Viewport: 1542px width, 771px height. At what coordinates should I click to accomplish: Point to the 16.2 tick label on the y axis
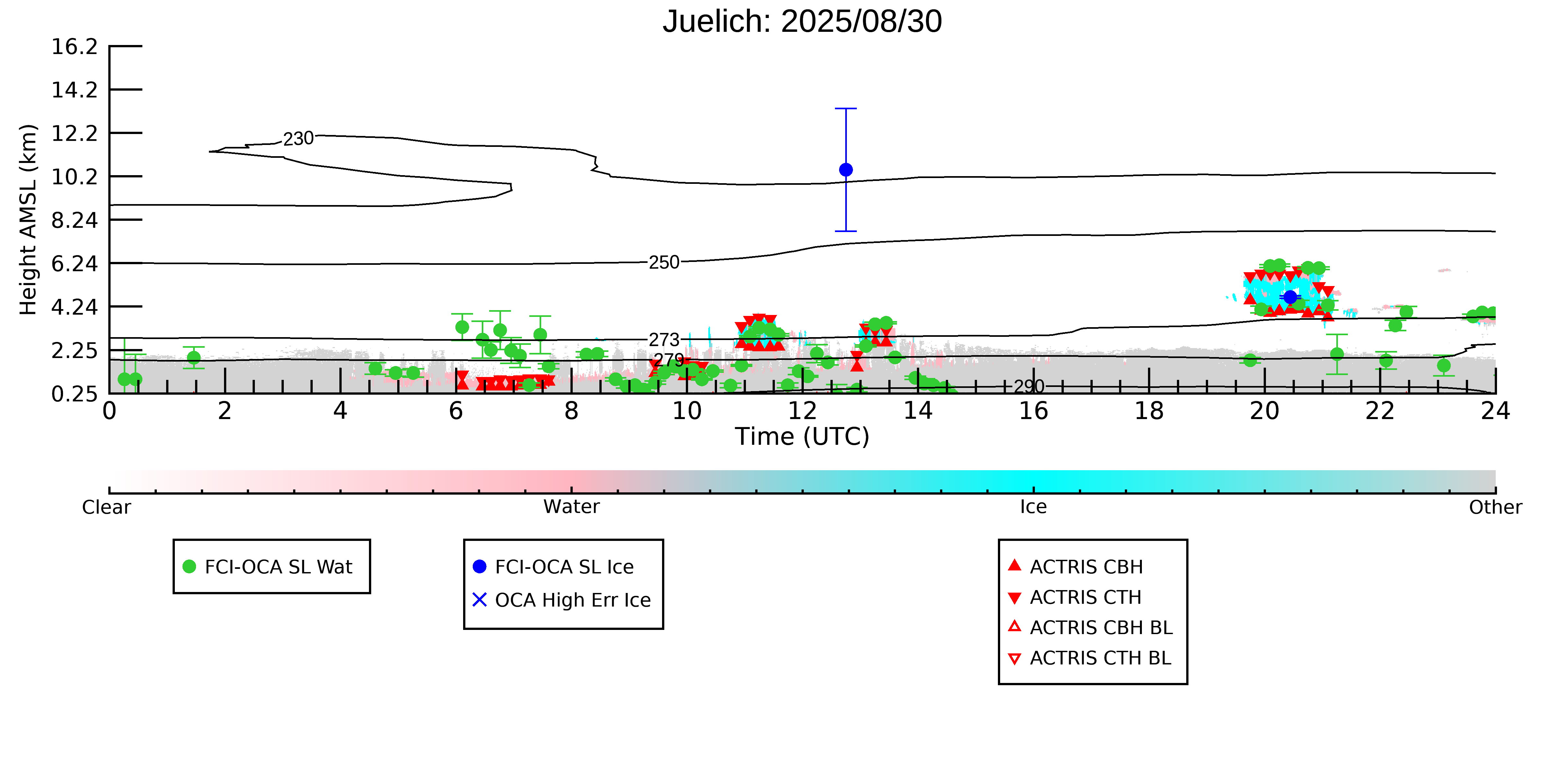74,47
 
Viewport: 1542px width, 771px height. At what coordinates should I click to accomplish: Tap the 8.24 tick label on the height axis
74,220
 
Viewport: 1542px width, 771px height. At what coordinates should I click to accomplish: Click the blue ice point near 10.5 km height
846,170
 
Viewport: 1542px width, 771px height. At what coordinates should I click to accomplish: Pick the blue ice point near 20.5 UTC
1290,297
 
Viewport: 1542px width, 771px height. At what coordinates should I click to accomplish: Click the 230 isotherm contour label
298,139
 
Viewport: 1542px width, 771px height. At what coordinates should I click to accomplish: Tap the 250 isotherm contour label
664,262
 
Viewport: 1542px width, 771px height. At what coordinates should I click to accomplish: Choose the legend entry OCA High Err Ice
572,600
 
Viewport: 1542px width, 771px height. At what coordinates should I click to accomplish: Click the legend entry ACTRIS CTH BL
1100,658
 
